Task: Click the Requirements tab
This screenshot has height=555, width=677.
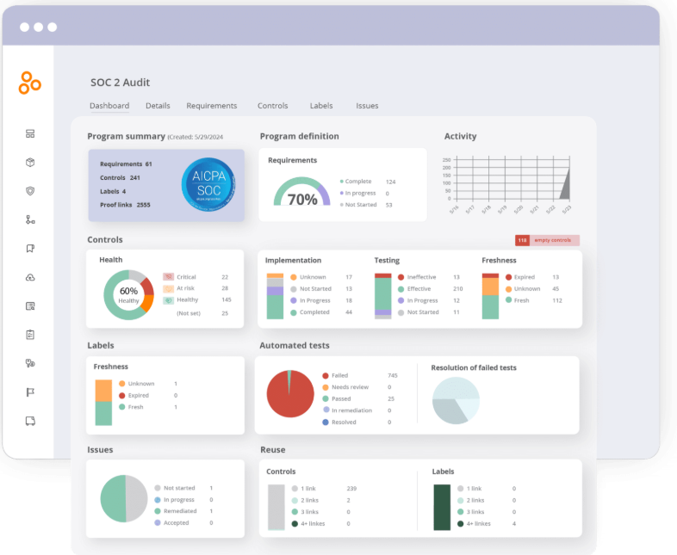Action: [x=211, y=106]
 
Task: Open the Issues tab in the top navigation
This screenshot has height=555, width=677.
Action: [x=367, y=106]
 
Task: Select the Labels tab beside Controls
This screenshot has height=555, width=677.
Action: [x=321, y=106]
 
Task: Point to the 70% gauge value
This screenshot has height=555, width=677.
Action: [x=302, y=200]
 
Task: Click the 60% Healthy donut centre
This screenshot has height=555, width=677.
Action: [x=128, y=294]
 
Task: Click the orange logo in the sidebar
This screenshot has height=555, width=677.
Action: [x=29, y=83]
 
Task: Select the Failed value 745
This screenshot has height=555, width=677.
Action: [x=392, y=375]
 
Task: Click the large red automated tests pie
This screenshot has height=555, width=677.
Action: [x=290, y=394]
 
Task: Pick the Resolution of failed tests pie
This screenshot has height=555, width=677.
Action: [x=456, y=400]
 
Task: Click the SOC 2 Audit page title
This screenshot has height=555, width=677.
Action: [x=120, y=83]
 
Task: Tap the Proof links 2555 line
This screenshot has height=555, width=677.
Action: [x=125, y=205]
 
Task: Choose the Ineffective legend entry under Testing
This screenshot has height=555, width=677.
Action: [x=421, y=277]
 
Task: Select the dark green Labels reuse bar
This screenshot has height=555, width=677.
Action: [x=442, y=506]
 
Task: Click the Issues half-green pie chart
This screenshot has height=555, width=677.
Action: [x=125, y=498]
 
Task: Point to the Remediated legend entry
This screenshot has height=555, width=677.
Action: [x=180, y=511]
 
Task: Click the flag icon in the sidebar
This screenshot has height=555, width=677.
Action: [x=30, y=392]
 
